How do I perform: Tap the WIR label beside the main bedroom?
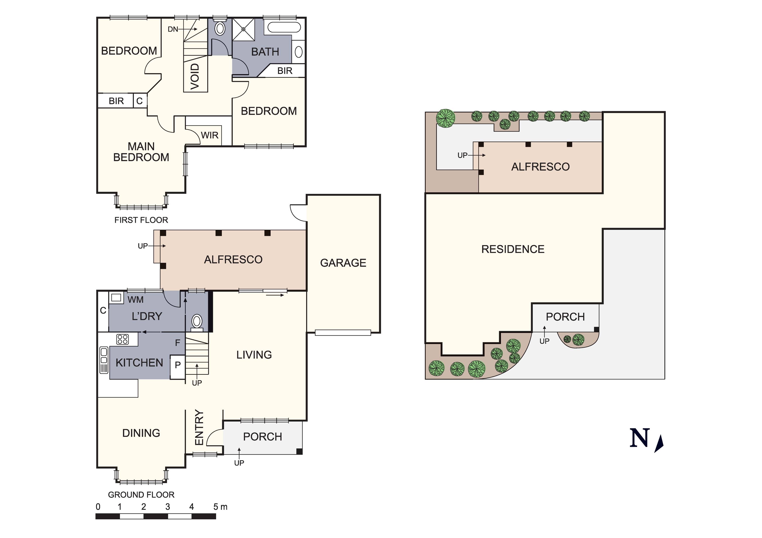coord(210,135)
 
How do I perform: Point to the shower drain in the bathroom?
coord(243,29)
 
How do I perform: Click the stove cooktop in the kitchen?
coord(123,339)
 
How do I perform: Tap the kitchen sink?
coord(104,360)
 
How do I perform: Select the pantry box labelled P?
coord(178,367)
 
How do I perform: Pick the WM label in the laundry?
coord(135,300)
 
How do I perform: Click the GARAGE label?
coord(343,263)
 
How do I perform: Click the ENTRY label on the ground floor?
coord(199,427)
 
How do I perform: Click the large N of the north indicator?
coord(639,438)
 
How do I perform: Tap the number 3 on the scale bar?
coord(168,507)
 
